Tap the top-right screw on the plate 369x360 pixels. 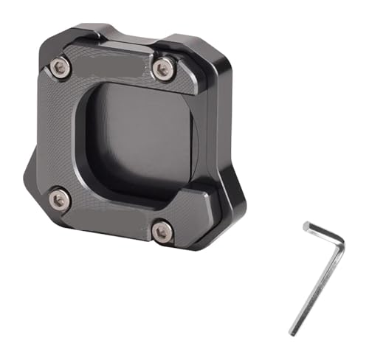(x=164, y=69)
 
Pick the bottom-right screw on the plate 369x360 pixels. (x=162, y=232)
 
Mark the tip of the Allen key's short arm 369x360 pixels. (x=306, y=226)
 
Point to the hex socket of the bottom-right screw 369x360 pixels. (x=162, y=232)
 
